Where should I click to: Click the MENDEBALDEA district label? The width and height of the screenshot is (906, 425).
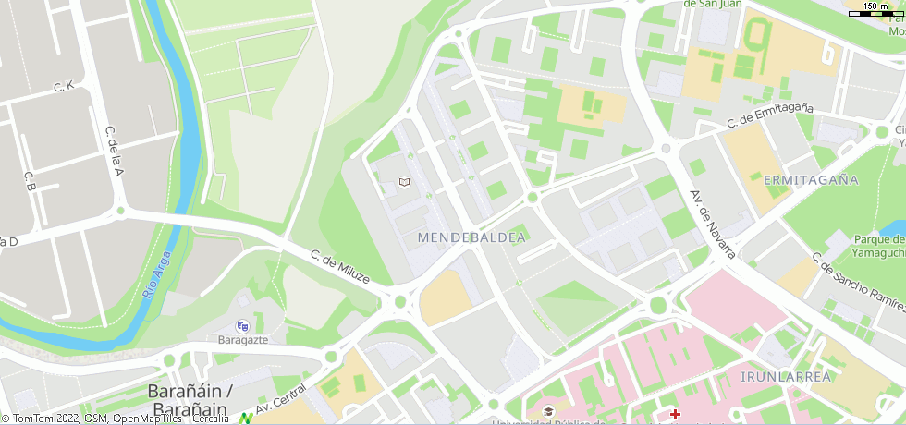(471, 237)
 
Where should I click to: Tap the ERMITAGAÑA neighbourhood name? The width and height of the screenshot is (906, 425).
(806, 179)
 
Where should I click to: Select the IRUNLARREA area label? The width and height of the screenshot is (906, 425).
(786, 376)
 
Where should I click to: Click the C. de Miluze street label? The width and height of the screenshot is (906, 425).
(339, 267)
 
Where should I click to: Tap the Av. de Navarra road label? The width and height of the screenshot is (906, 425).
(711, 225)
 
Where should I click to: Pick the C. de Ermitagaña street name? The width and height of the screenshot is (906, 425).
(770, 115)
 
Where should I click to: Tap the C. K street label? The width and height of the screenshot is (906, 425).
(63, 87)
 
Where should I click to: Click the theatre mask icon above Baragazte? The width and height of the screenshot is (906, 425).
(242, 326)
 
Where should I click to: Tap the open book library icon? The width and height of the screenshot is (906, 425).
(403, 183)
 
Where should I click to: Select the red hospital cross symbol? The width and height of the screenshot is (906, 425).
(675, 414)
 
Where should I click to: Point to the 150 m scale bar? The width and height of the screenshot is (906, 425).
(875, 12)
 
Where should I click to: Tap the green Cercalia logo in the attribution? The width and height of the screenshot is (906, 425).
(246, 419)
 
